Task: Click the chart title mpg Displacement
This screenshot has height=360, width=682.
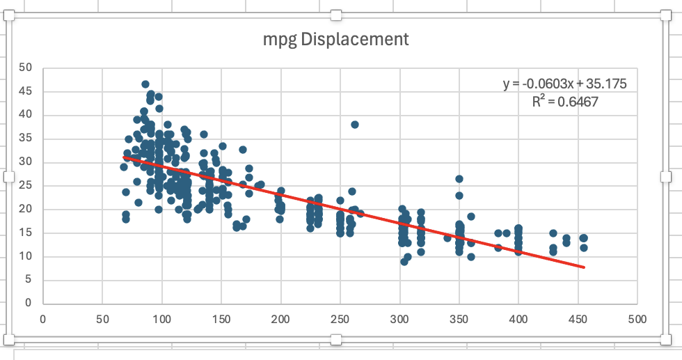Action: tap(335, 39)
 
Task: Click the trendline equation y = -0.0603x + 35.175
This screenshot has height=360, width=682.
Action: tap(565, 84)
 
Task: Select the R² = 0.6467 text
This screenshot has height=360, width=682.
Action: tap(564, 101)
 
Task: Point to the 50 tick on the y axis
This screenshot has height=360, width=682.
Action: tap(26, 68)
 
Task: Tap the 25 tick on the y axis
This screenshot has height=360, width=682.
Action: tap(26, 186)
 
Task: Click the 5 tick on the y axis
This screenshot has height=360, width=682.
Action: tap(29, 280)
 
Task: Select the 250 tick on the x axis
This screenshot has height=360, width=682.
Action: tap(340, 320)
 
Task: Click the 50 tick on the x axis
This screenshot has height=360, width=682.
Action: tap(102, 320)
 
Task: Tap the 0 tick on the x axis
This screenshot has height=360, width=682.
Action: tap(43, 320)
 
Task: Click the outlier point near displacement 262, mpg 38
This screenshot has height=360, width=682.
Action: tap(355, 125)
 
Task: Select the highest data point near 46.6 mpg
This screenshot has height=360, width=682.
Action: tap(145, 84)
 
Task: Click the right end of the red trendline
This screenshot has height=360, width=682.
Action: tap(583, 267)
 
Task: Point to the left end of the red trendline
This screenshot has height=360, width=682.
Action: tap(125, 157)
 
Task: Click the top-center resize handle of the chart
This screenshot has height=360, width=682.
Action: tap(336, 15)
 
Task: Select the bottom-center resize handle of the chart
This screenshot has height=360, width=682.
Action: tap(336, 339)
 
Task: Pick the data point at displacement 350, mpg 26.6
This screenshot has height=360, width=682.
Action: tap(459, 179)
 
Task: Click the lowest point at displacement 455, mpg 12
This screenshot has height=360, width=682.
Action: tap(584, 247)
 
